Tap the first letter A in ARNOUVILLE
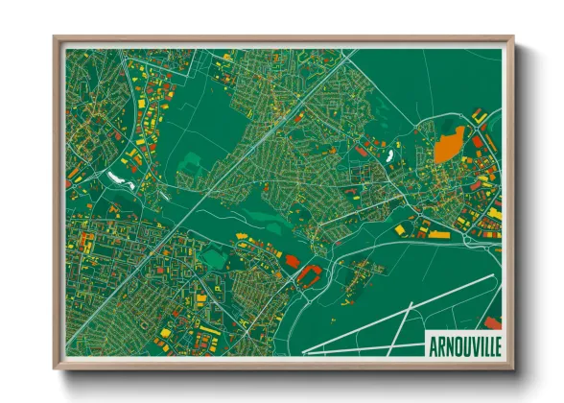430,343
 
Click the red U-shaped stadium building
310,276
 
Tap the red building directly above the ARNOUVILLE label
491,321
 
